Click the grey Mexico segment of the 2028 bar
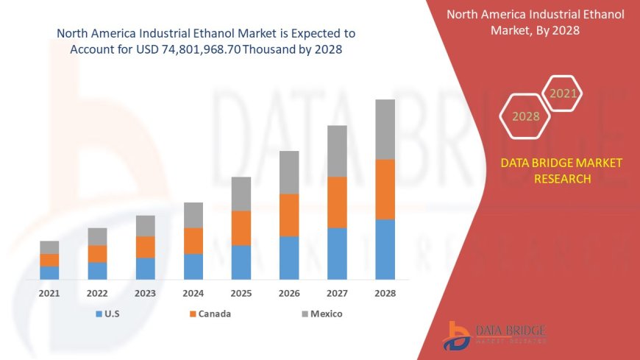[385, 129]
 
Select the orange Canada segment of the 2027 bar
[337, 202]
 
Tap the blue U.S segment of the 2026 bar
[289, 258]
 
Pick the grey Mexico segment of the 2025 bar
[241, 194]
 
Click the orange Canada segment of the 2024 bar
[193, 241]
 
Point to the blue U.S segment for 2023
[146, 269]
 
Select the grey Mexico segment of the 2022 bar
[97, 236]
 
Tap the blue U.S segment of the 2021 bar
[49, 272]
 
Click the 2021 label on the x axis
[49, 293]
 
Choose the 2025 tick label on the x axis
[241, 293]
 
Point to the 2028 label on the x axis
[385, 293]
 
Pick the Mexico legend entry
[321, 314]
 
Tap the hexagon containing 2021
[563, 93]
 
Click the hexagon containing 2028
[525, 116]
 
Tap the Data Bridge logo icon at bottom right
[458, 335]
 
